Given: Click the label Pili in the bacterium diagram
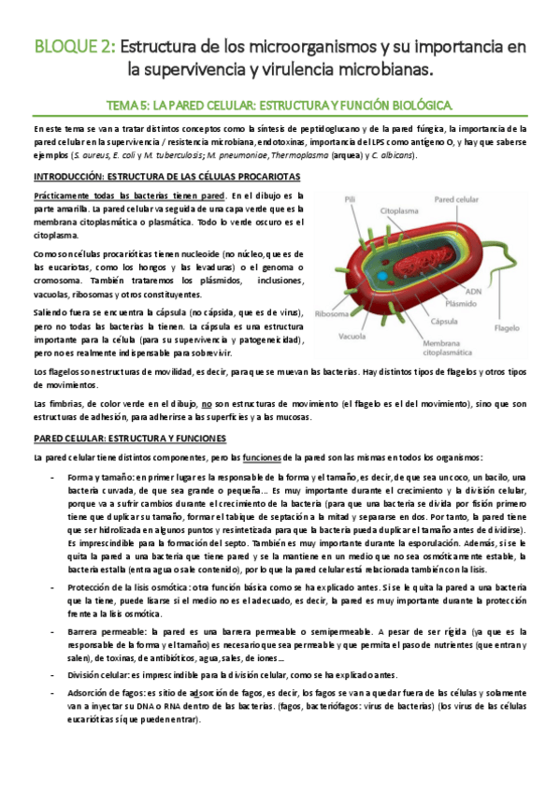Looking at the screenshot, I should (350, 199).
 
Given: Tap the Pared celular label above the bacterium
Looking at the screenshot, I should (456, 199).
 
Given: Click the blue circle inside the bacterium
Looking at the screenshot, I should (383, 278).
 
